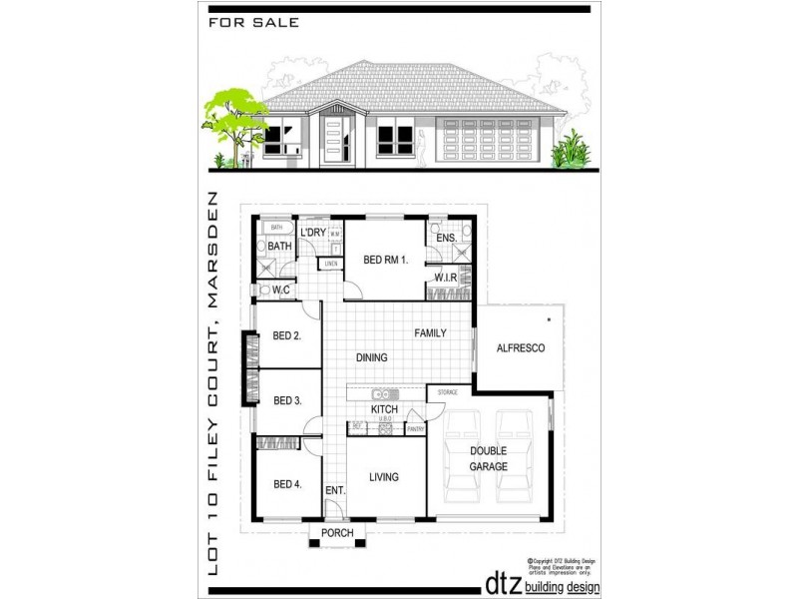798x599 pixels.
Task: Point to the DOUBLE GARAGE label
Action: [490, 458]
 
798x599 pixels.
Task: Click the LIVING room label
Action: [383, 477]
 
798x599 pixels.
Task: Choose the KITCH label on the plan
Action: [385, 409]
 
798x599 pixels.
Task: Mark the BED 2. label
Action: [287, 336]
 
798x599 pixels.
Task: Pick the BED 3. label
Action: [287, 401]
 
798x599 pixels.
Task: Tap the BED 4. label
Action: [287, 484]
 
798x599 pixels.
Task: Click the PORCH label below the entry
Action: [338, 534]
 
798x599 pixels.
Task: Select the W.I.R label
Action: [445, 277]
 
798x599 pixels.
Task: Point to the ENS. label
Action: [446, 239]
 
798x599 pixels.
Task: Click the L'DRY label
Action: [314, 233]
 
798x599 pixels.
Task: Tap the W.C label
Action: [281, 291]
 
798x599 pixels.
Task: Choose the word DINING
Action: [371, 356]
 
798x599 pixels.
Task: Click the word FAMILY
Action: [431, 333]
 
